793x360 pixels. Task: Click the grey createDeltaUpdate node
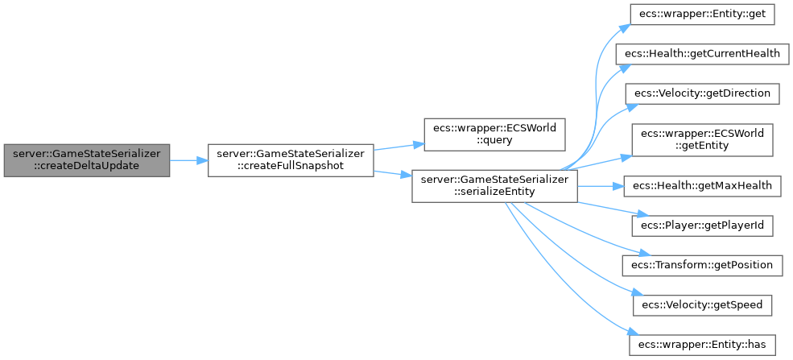(x=86, y=160)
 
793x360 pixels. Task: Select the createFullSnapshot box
(x=290, y=160)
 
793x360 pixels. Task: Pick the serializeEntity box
(x=494, y=187)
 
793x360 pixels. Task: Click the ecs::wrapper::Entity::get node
(x=701, y=14)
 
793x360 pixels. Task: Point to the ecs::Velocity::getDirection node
(x=701, y=93)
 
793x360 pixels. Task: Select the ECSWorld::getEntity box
(x=701, y=140)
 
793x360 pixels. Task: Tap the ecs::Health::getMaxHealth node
(x=701, y=186)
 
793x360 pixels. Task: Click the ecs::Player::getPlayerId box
(x=701, y=226)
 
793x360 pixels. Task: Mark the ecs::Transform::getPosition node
(x=701, y=265)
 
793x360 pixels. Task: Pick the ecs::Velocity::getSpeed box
(x=701, y=305)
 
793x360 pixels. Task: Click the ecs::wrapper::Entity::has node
(x=701, y=345)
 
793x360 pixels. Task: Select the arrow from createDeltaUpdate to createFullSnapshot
(x=188, y=160)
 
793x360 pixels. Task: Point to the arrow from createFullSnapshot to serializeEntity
(x=392, y=173)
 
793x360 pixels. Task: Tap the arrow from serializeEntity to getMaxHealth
(x=601, y=186)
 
